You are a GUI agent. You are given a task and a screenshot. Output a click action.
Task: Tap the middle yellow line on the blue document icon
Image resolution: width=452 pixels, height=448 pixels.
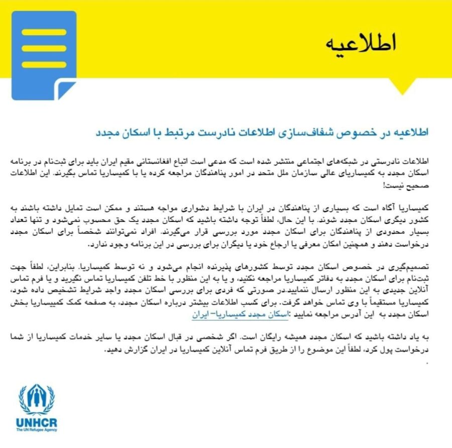coord(44,48)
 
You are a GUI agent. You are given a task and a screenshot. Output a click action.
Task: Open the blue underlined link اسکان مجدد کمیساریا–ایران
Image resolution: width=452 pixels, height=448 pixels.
coord(234,314)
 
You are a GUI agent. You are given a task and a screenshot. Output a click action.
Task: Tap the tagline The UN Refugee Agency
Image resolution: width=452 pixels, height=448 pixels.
coord(37,430)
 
